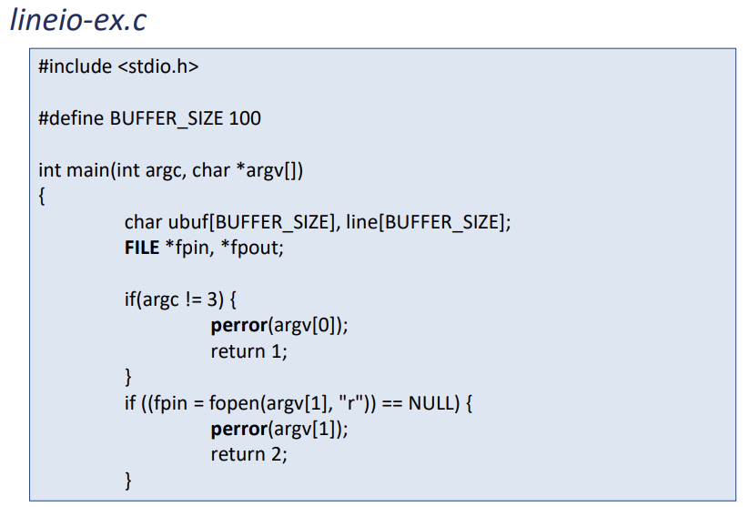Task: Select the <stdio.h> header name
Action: point(158,66)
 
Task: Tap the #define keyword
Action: point(72,118)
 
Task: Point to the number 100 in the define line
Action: point(246,118)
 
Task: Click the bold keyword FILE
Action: point(142,247)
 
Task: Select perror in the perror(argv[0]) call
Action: point(239,325)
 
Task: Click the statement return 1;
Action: point(248,350)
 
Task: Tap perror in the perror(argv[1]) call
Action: point(239,428)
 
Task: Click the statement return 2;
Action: point(248,453)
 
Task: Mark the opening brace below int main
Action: point(42,196)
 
